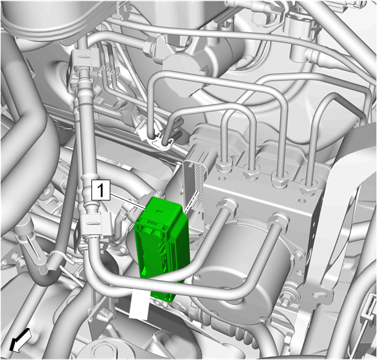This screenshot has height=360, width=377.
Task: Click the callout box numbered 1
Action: [101, 190]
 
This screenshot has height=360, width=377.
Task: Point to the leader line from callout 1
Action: [127, 201]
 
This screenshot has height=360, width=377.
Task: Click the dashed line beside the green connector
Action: [192, 201]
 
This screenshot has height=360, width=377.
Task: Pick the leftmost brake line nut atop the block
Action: [224, 165]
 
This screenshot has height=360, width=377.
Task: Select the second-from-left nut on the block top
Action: [252, 172]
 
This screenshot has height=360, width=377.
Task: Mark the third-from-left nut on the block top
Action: [279, 179]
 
